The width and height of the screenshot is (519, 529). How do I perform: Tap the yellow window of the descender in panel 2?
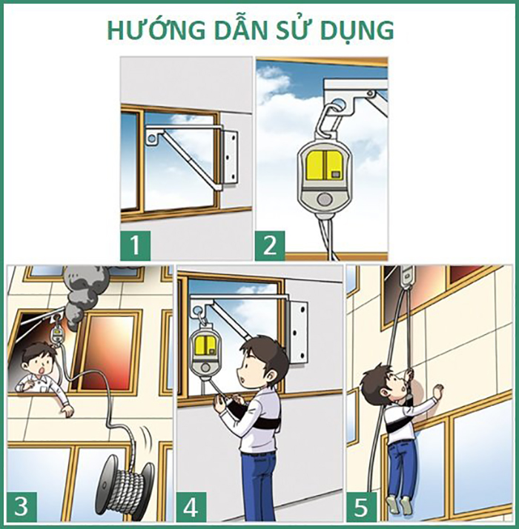(x=323, y=164)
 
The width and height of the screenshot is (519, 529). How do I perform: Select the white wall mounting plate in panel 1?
(x=230, y=156)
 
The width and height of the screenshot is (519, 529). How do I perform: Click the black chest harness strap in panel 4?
(x=256, y=412)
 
